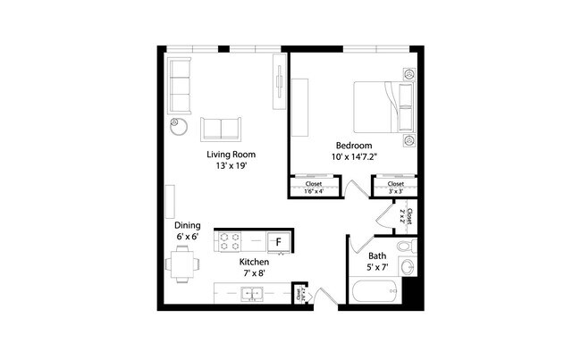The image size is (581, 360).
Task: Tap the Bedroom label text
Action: pyautogui.click(x=354, y=146)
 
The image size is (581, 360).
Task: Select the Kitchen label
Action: pyautogui.click(x=255, y=263)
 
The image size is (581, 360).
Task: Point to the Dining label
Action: pyautogui.click(x=188, y=226)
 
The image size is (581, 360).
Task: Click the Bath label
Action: pyautogui.click(x=376, y=255)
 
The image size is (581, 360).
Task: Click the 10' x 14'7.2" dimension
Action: pyautogui.click(x=354, y=156)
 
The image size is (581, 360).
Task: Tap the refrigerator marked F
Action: pyautogui.click(x=278, y=241)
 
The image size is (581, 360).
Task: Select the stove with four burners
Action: pyautogui.click(x=230, y=241)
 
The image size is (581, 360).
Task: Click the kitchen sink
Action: pyautogui.click(x=251, y=293)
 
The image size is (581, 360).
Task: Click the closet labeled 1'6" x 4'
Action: pyautogui.click(x=313, y=188)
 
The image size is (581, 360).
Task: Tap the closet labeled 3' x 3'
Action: pyautogui.click(x=394, y=188)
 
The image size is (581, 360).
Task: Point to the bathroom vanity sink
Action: pyautogui.click(x=408, y=266)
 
